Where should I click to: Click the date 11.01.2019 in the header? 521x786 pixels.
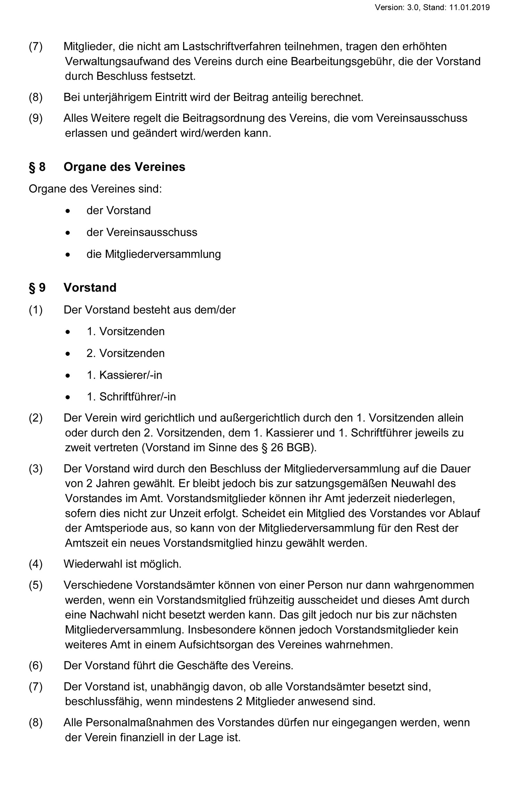[x=469, y=7]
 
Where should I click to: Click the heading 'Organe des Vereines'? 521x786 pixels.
[x=124, y=167]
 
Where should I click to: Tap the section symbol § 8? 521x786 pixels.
[x=37, y=167]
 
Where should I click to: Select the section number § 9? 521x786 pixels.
[x=37, y=288]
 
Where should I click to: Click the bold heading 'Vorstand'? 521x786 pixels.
[x=90, y=288]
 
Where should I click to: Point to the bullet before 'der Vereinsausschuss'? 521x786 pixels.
[x=68, y=232]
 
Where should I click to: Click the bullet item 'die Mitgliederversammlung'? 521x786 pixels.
[x=154, y=254]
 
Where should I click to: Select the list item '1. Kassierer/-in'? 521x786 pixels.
[x=124, y=375]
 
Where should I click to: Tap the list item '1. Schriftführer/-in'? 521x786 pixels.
[x=131, y=396]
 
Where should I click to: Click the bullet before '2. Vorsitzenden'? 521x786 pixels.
[x=68, y=353]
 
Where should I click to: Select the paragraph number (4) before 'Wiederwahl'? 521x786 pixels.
[x=35, y=564]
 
